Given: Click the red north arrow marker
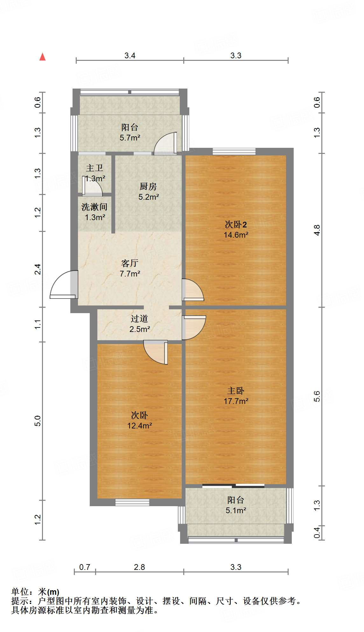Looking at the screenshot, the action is [42, 57].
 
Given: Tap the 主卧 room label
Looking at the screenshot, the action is [236, 391].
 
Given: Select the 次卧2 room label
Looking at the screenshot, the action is [236, 225].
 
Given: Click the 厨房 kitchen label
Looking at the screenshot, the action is [148, 186].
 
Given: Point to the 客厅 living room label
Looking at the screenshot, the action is [130, 263].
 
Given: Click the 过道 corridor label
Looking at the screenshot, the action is [139, 319].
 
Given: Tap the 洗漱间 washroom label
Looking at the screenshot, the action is [94, 207].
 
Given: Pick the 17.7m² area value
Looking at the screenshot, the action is [236, 401].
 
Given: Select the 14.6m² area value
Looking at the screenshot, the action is [236, 235].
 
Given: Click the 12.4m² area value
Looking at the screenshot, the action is [139, 426].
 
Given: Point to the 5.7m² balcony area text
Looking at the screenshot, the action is [130, 138].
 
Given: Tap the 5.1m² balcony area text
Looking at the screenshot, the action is [236, 511].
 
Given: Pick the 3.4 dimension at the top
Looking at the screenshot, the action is [130, 56].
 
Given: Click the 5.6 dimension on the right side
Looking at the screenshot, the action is [317, 396].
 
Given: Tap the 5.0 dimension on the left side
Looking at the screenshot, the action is [38, 421].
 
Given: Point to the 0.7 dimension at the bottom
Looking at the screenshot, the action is [85, 567].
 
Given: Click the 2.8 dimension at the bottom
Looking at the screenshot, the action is [139, 567].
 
